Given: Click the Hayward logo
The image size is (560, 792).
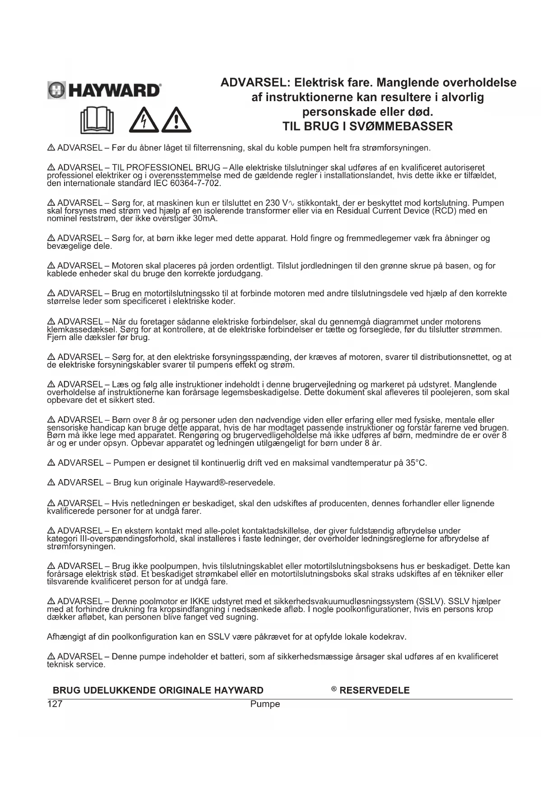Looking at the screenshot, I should point(104,90).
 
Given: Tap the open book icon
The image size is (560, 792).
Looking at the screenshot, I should point(97,120).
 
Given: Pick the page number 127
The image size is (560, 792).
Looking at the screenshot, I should point(55,704).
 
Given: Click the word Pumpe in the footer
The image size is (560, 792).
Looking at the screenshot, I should point(265,704).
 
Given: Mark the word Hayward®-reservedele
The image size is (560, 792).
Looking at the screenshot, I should point(230,483).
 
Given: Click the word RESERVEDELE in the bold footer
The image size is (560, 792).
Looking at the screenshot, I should point(374,690).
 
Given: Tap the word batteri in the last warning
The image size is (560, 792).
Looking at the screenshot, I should point(232,657).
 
